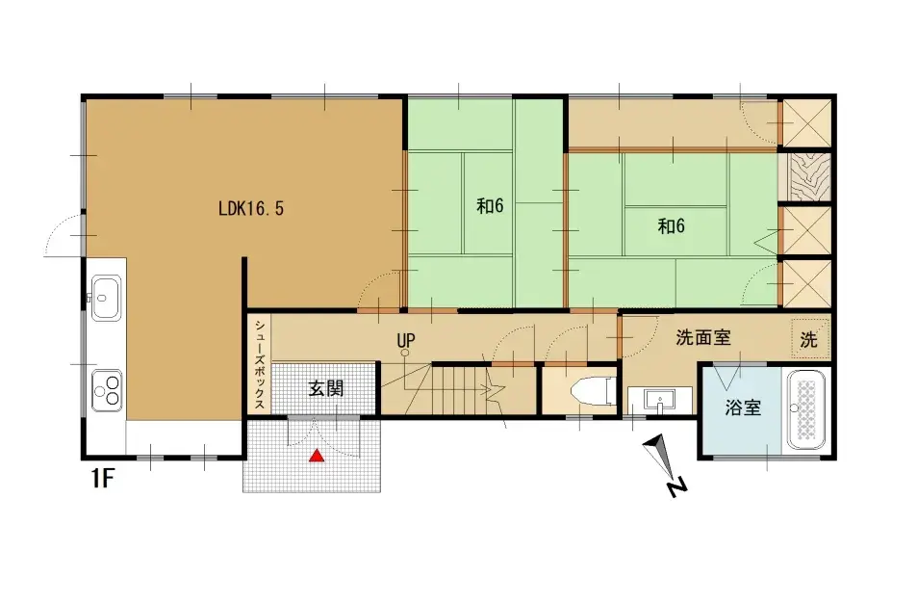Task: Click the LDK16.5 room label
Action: (251, 207)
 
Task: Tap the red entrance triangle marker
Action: (316, 456)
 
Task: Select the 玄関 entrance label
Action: (325, 389)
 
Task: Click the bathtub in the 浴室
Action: (807, 410)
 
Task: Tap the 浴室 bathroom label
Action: (743, 407)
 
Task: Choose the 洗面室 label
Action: (702, 338)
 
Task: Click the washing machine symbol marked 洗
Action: (809, 338)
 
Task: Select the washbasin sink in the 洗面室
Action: (660, 400)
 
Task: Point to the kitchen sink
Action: (106, 290)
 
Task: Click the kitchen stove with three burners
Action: (107, 389)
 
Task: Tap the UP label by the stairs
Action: (405, 340)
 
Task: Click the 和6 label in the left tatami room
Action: (490, 206)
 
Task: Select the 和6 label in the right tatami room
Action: (673, 225)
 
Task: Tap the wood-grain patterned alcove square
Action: (803, 177)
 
